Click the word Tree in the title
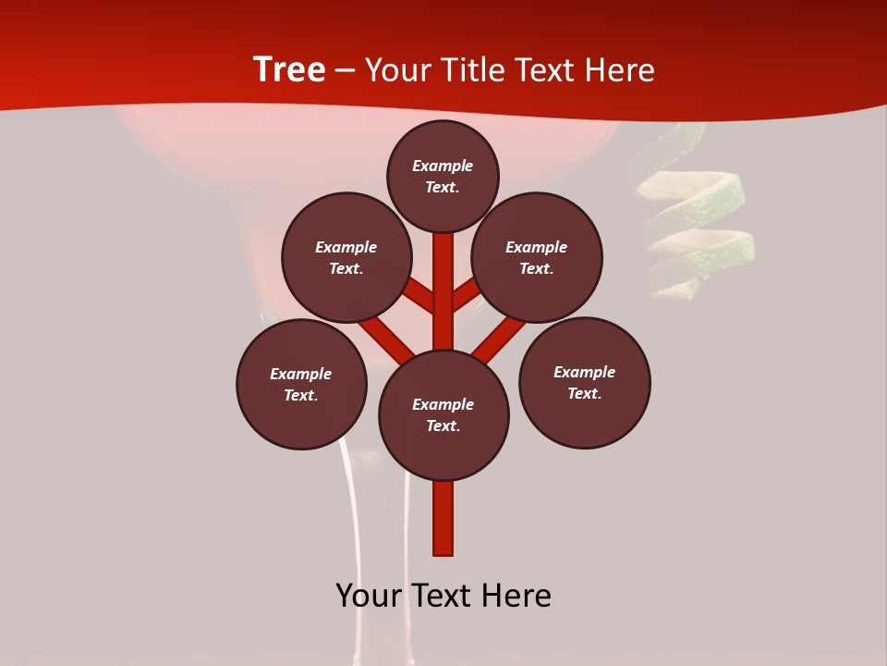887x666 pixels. (289, 70)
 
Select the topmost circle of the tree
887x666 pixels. (443, 176)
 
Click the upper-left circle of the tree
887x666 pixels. (346, 257)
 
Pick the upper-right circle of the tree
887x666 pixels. (537, 257)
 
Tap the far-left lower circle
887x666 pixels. (301, 384)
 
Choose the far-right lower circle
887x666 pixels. (585, 382)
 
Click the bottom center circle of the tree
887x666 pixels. (443, 415)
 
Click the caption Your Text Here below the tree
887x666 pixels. (443, 596)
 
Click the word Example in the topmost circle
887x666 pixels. (443, 166)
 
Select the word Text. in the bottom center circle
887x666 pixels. (443, 426)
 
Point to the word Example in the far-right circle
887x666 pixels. (584, 372)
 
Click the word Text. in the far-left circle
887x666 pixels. (300, 396)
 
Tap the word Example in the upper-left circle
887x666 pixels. (346, 247)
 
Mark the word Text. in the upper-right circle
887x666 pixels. (537, 269)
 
